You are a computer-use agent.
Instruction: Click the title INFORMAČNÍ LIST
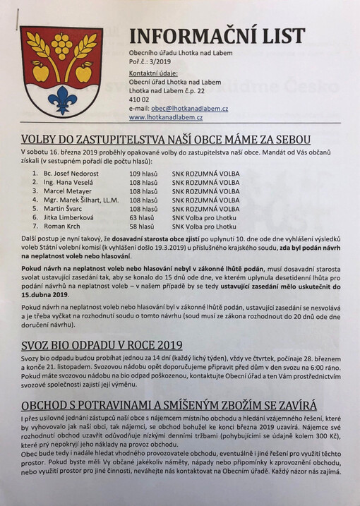[217, 37]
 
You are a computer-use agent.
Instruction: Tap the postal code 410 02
[139, 100]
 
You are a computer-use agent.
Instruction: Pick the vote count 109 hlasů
[142, 172]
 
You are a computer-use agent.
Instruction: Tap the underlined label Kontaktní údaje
[153, 73]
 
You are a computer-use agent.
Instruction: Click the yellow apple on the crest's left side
[40, 72]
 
